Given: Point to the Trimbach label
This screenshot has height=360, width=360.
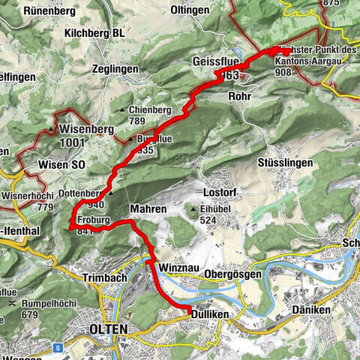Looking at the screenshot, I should [99, 277].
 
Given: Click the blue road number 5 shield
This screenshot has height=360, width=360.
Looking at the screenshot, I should [58, 327].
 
